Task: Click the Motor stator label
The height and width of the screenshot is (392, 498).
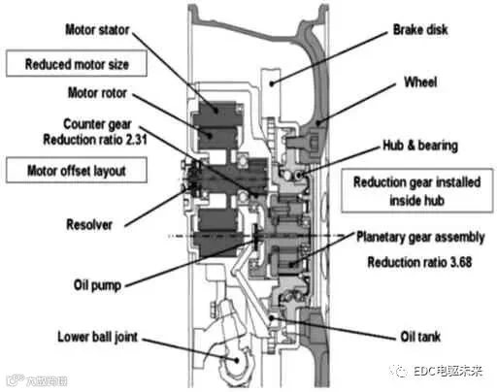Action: (x=97, y=30)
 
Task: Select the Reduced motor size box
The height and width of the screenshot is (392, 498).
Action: (x=77, y=63)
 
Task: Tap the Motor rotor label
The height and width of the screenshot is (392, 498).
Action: (x=97, y=93)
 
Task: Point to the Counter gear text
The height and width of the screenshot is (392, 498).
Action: (x=97, y=124)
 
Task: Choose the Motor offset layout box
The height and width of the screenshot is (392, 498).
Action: (x=77, y=170)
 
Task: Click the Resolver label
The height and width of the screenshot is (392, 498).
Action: (x=89, y=224)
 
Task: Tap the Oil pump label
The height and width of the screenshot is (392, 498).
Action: (x=97, y=285)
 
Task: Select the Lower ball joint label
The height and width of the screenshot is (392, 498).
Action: (x=97, y=337)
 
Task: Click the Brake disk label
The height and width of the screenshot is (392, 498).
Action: (x=420, y=30)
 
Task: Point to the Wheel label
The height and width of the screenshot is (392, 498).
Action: (x=420, y=82)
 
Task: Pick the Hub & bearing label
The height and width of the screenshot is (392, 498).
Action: (x=420, y=146)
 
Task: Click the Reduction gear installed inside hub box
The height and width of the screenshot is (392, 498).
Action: (x=417, y=190)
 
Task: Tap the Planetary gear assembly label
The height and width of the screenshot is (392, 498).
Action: (x=420, y=237)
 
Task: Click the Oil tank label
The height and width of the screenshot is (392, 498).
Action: (x=420, y=337)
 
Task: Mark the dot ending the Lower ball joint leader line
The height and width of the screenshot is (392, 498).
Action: (x=237, y=360)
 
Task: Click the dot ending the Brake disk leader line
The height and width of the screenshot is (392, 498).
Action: (x=272, y=83)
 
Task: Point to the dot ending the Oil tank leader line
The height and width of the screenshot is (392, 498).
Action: (x=272, y=317)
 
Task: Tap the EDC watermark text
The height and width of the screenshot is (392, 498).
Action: (x=448, y=371)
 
